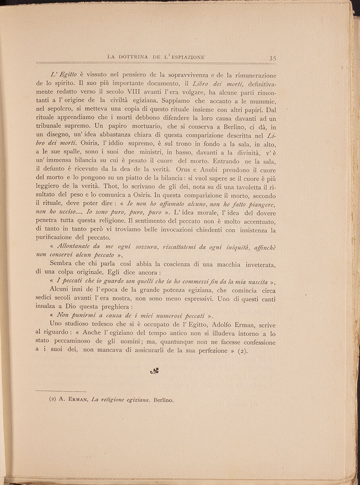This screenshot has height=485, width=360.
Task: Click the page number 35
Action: tap(273, 58)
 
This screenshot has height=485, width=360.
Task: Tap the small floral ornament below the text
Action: tap(155, 371)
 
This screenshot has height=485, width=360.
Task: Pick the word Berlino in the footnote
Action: tap(163, 400)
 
